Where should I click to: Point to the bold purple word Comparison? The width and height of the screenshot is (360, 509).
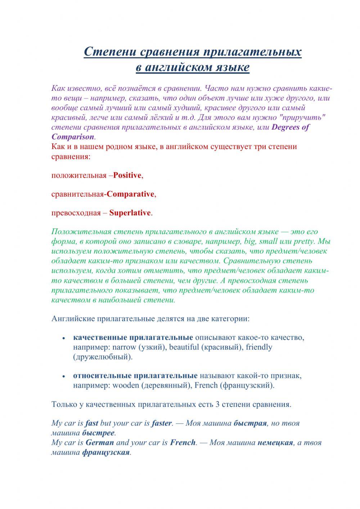73,137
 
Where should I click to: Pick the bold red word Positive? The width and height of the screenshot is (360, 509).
127,175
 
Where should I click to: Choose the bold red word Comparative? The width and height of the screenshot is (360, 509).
131,194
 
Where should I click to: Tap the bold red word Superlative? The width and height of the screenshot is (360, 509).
130,213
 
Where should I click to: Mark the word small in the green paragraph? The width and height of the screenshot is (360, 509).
268,241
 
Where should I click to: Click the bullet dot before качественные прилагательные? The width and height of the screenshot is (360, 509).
64,339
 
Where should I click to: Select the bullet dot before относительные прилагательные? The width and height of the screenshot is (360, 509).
64,376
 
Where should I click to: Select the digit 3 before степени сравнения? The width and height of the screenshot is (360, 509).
217,404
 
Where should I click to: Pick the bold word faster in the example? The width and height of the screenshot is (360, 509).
162,423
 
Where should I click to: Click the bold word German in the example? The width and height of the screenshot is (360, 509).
100,442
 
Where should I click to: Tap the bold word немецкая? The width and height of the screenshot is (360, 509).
275,442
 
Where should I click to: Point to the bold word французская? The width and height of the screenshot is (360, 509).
105,452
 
